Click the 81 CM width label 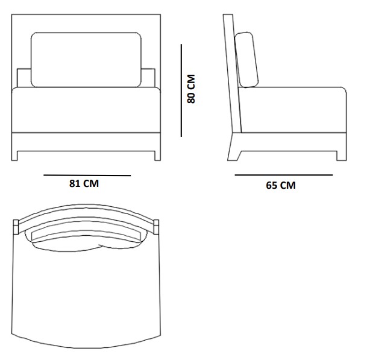[x=84, y=183]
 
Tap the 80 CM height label [x=191, y=89]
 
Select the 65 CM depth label [x=281, y=185]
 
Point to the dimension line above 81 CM [x=87, y=175]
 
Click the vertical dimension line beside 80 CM [x=181, y=90]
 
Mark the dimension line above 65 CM [x=284, y=175]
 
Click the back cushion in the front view [x=86, y=60]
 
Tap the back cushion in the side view [x=246, y=60]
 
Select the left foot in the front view [x=14, y=156]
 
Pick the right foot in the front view [x=157, y=156]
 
